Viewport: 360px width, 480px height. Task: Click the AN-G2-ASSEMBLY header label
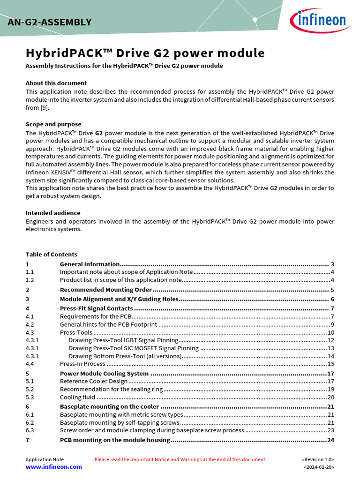click(x=49, y=22)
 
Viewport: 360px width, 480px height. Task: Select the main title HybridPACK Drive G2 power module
click(x=145, y=53)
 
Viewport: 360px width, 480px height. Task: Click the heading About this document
click(x=56, y=83)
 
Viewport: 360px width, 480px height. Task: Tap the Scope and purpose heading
click(x=53, y=124)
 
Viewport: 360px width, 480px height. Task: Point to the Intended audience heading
click(x=52, y=213)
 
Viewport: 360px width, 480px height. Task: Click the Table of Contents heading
click(x=51, y=255)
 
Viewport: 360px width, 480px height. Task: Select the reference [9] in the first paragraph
click(x=44, y=108)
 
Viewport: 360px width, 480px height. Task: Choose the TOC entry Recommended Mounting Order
click(x=106, y=290)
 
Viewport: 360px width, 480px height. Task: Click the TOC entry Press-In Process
click(x=82, y=364)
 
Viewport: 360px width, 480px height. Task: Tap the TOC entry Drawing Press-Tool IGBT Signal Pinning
click(x=123, y=340)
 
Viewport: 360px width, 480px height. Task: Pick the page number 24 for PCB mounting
click(x=330, y=440)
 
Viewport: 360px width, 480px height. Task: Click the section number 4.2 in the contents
click(x=30, y=324)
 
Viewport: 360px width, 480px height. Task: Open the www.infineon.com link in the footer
click(x=53, y=467)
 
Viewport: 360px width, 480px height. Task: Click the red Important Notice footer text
click(x=180, y=459)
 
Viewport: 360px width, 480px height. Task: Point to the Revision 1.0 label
click(x=318, y=459)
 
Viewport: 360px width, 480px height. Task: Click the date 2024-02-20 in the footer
click(x=319, y=467)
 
